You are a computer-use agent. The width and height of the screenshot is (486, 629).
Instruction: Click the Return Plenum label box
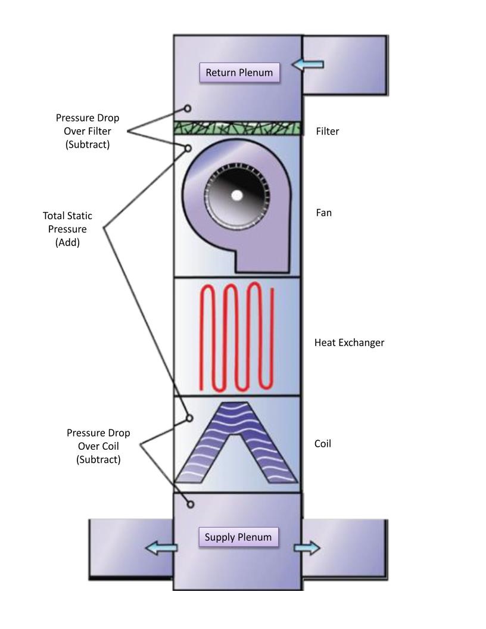[x=239, y=73]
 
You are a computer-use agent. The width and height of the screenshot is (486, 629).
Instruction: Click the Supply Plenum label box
[x=238, y=537]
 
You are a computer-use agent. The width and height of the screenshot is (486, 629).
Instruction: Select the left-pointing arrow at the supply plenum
[x=161, y=548]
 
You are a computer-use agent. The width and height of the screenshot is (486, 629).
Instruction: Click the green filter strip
[x=237, y=129]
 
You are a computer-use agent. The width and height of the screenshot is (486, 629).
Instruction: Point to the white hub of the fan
[x=237, y=195]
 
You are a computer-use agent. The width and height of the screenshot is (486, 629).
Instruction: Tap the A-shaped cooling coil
[x=237, y=444]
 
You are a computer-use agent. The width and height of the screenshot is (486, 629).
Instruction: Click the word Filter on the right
[x=327, y=131]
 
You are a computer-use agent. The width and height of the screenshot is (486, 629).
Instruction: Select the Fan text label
[x=323, y=212]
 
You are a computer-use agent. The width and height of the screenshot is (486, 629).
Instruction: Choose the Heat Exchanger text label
[x=349, y=342]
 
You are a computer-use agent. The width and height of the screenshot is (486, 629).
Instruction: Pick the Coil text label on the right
[x=323, y=444]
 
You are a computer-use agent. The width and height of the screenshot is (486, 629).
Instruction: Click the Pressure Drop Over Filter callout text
[x=88, y=131]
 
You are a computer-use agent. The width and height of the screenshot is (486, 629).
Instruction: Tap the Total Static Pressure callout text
[x=67, y=229]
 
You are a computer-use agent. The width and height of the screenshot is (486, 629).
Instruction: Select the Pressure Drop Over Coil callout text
[x=98, y=446]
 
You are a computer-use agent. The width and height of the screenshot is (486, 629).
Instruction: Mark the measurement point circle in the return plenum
[x=188, y=108]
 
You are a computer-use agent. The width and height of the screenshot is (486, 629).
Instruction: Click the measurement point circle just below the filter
[x=188, y=148]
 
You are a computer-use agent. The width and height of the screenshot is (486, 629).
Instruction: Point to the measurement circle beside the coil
[x=189, y=418]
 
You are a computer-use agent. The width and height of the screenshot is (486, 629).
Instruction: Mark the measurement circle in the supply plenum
[x=191, y=505]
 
